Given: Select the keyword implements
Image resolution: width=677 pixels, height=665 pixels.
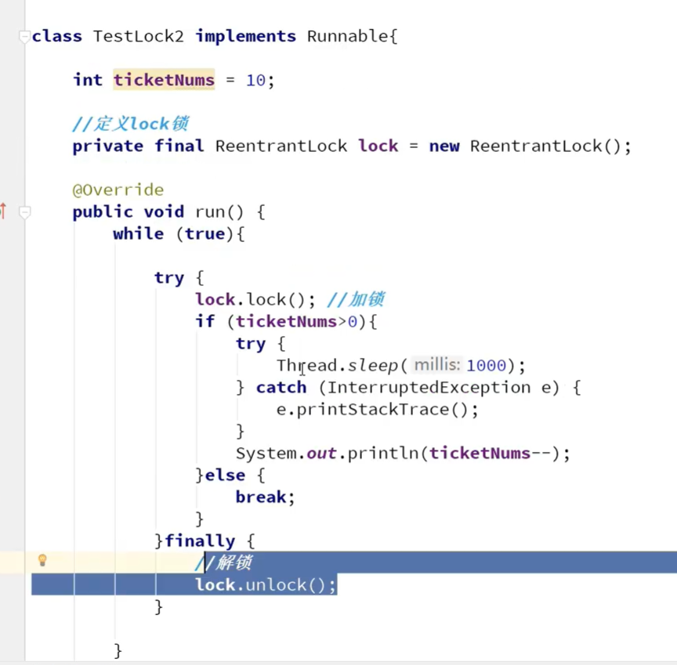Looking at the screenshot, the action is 245,36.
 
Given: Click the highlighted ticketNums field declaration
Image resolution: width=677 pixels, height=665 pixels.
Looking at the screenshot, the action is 164,80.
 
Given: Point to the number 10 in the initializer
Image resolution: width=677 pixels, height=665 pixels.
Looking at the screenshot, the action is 255,80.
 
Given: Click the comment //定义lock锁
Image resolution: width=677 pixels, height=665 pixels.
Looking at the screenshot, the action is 130,124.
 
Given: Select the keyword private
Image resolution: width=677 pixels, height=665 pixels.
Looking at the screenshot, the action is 107,146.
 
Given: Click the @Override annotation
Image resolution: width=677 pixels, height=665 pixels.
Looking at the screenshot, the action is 118,190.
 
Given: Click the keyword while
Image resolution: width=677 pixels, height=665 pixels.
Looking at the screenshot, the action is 138,233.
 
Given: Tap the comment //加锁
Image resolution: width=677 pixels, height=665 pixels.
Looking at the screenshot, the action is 356,299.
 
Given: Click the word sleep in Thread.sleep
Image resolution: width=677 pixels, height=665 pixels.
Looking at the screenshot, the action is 373,365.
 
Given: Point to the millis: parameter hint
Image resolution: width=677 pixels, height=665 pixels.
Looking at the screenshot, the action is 436,365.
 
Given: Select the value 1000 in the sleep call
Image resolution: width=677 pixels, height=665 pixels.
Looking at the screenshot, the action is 486,365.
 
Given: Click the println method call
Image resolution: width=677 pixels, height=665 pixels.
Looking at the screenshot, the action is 389,453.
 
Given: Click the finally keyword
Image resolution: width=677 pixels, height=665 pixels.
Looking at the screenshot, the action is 199,540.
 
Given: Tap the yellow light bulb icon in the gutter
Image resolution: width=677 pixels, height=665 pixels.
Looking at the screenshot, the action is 42,560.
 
